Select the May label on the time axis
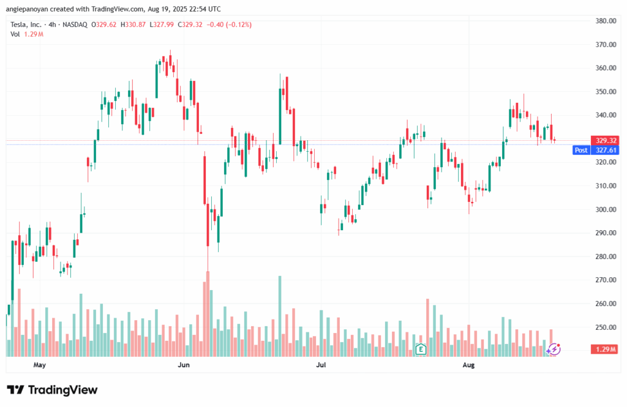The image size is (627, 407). pos(40,365)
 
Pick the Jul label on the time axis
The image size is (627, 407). pos(320,365)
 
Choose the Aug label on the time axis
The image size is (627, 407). pos(468,365)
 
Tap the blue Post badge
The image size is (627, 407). pos(580,150)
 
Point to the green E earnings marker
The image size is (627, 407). pos(421,349)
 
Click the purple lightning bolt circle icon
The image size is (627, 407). pos(554,349)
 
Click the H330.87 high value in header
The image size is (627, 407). pos(133,24)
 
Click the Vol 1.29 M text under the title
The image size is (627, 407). pos(26,34)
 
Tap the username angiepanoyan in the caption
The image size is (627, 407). pos(29,9)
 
